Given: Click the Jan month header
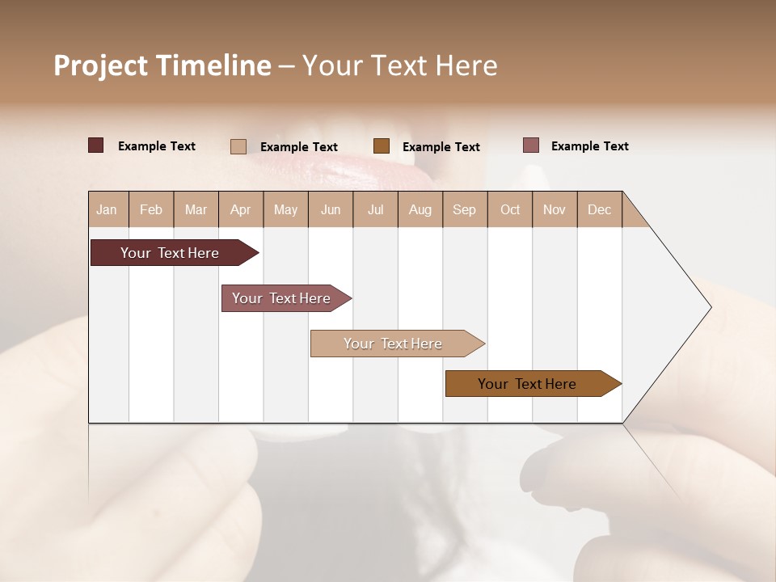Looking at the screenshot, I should (x=108, y=209).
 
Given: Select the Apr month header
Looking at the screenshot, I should (x=241, y=209).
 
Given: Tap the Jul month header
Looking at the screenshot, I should (x=375, y=209).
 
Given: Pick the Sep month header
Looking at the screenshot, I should (x=464, y=209).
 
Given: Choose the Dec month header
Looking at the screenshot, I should (x=599, y=209).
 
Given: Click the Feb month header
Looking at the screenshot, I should (x=151, y=209).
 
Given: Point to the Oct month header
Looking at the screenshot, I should (x=510, y=209).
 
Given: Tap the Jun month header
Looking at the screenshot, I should (x=331, y=209).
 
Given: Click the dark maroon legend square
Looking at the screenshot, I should (x=96, y=145).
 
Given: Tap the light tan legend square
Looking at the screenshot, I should (x=238, y=146).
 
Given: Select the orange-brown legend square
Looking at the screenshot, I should (x=382, y=146).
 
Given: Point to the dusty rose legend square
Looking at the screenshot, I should (x=531, y=145).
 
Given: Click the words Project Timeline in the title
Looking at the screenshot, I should (x=162, y=65).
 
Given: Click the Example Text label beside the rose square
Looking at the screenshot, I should (x=589, y=146).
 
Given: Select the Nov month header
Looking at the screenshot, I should (x=555, y=209).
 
